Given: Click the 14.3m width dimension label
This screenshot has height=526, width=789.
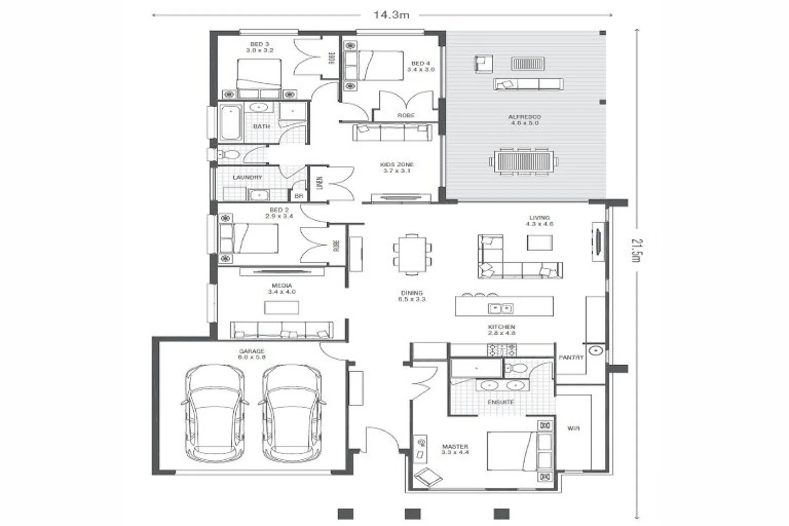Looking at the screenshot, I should [391, 15].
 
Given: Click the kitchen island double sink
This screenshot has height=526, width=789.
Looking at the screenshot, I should [501, 308].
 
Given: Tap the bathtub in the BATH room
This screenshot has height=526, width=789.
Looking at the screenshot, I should [230, 122].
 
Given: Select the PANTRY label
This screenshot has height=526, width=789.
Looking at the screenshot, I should [570, 357].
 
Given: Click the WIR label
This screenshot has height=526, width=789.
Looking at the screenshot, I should [573, 429].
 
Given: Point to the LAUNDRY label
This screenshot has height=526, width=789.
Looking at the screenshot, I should [247, 177].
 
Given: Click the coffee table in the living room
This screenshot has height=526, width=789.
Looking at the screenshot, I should [540, 243].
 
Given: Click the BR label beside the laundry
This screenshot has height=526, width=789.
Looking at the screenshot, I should [299, 196].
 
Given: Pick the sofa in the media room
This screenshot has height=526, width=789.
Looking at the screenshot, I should [282, 330].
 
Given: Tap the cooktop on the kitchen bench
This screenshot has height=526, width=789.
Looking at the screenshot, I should [502, 349].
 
